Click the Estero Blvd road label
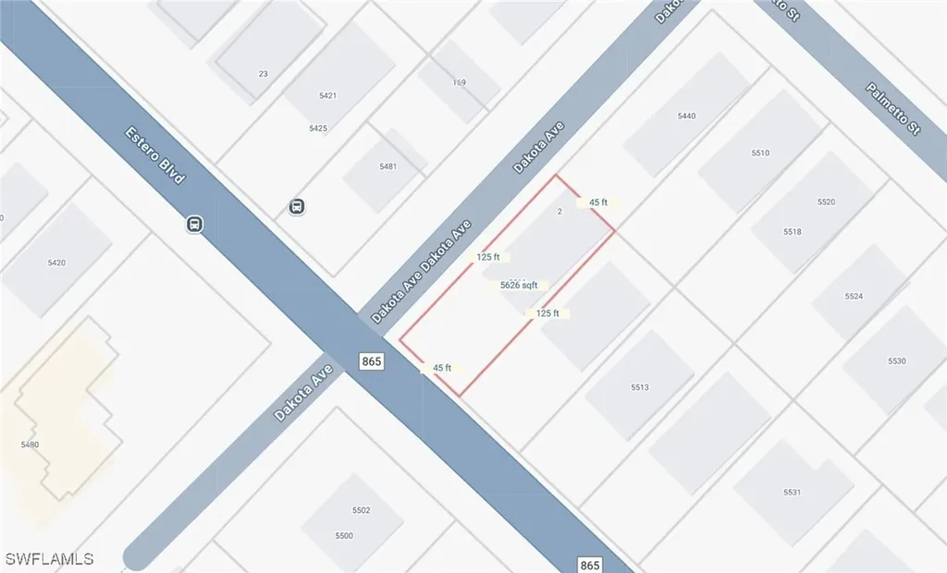(154, 154)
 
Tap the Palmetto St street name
(893, 109)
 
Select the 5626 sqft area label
(519, 286)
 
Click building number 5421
(327, 96)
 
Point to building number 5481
(387, 166)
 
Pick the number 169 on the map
(460, 83)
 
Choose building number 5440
(686, 116)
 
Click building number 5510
(760, 152)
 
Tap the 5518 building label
(792, 232)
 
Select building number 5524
(854, 297)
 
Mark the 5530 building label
(896, 360)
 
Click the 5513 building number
(640, 387)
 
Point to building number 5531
(792, 493)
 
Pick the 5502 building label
(361, 510)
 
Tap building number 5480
(30, 445)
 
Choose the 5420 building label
(56, 263)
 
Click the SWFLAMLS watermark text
(49, 558)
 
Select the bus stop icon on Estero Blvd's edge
(195, 224)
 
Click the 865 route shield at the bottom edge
(592, 564)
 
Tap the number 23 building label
(263, 74)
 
